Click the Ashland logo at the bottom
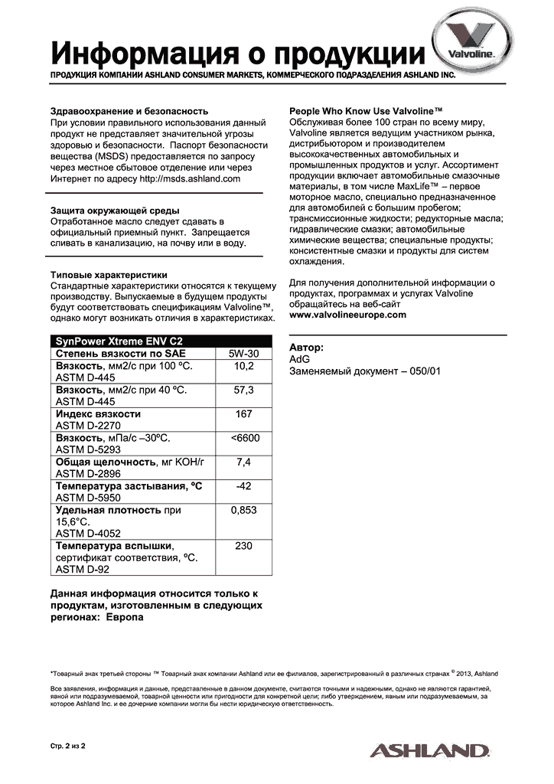point(429,750)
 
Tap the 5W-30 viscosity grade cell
point(244,354)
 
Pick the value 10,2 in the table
point(244,366)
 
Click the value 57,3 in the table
point(244,390)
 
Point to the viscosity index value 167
point(244,413)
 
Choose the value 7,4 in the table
point(244,462)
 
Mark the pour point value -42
point(244,485)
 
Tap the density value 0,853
point(244,510)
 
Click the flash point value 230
point(244,546)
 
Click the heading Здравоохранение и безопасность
point(129,111)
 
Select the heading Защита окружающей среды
point(115,210)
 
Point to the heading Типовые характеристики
point(109,275)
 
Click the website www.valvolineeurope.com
point(348,315)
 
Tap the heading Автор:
point(306,347)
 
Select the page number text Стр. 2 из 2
point(67,744)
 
